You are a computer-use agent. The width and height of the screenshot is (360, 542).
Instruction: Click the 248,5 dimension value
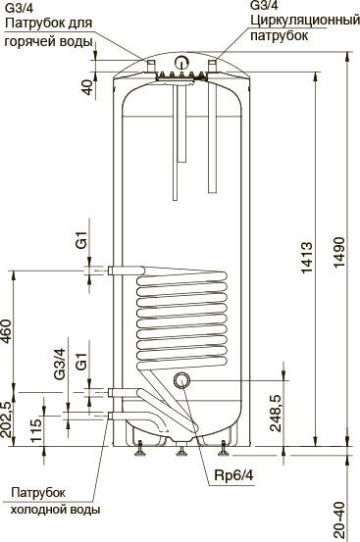[x=276, y=409]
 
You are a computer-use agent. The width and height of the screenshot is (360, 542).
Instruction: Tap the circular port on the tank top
[x=180, y=66]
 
